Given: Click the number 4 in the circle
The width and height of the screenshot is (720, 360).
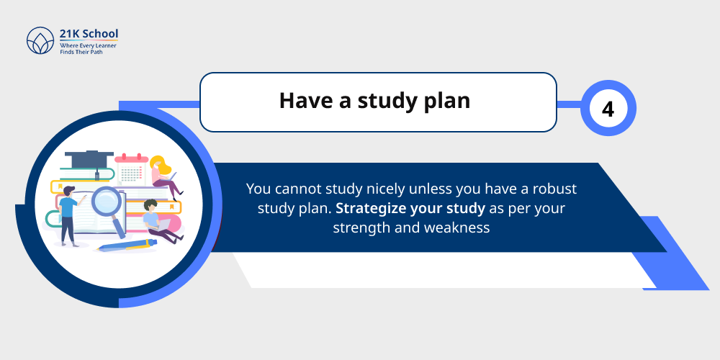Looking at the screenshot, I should pyautogui.click(x=608, y=109).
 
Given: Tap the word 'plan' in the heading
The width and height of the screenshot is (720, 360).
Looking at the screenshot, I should pyautogui.click(x=444, y=101).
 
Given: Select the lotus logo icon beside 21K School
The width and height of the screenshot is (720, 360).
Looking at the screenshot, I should pyautogui.click(x=40, y=41).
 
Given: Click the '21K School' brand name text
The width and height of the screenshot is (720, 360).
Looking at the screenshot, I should pyautogui.click(x=89, y=34).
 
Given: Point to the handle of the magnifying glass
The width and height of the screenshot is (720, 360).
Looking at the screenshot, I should pyautogui.click(x=120, y=225).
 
